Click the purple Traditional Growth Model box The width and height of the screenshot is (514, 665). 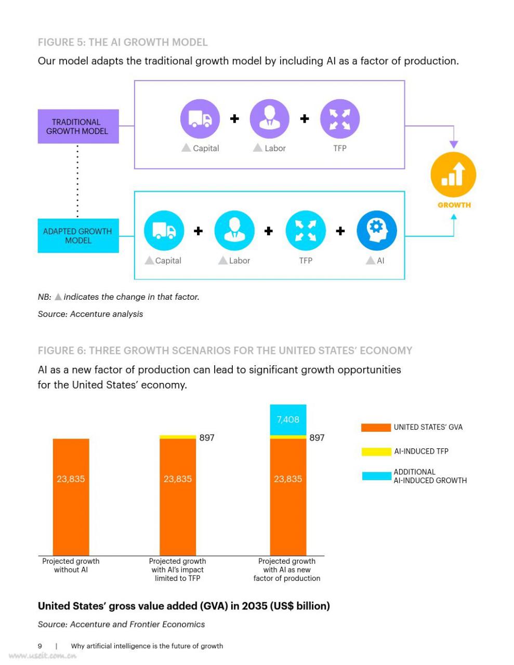[x=78, y=126]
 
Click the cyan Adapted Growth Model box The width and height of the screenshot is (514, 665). [x=78, y=236]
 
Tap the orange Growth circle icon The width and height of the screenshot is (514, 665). [x=453, y=175]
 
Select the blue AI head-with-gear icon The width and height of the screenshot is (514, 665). [x=377, y=231]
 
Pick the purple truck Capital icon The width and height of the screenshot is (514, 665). [x=200, y=119]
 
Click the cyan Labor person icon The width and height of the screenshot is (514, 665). [x=234, y=231]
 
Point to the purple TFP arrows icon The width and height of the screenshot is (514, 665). [x=340, y=119]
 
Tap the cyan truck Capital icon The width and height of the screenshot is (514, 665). [x=164, y=231]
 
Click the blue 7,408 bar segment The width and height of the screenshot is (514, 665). [x=288, y=420]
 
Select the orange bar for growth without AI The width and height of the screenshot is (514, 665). [x=71, y=497]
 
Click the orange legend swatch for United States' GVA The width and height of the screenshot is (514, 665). [x=376, y=428]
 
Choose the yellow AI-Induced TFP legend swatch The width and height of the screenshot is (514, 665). [x=376, y=451]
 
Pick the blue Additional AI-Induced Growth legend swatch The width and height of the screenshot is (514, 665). [x=377, y=476]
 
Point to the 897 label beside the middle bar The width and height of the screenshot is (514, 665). [x=207, y=437]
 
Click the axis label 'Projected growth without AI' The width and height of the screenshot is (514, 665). [x=71, y=565]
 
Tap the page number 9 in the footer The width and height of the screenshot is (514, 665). [x=40, y=646]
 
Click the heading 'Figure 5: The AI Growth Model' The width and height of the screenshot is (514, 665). [x=123, y=42]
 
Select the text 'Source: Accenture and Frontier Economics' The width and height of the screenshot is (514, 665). [x=121, y=624]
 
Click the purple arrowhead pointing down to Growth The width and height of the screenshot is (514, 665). [x=454, y=144]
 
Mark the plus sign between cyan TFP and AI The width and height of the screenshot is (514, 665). [x=340, y=231]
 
